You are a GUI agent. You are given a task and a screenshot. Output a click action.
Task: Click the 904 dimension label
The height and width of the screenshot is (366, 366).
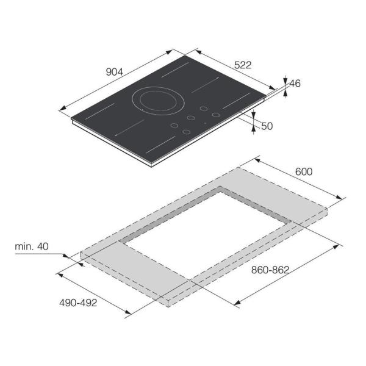(115, 72)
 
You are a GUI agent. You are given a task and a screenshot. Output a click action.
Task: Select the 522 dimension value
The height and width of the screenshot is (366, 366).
(243, 65)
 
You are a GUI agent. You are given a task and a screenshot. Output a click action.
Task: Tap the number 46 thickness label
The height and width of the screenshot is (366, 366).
(295, 84)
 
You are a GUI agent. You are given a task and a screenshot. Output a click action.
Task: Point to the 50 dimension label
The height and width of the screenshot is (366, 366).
(267, 126)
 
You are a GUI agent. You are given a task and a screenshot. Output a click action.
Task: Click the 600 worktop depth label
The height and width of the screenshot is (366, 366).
(304, 172)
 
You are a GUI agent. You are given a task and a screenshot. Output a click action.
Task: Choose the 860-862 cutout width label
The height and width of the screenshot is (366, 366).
(270, 270)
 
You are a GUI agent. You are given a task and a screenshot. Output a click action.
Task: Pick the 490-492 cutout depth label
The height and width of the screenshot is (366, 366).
(78, 303)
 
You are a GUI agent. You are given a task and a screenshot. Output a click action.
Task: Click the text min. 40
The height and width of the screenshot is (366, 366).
(32, 246)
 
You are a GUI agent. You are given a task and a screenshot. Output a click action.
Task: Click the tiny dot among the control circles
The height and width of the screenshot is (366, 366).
(205, 123)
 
